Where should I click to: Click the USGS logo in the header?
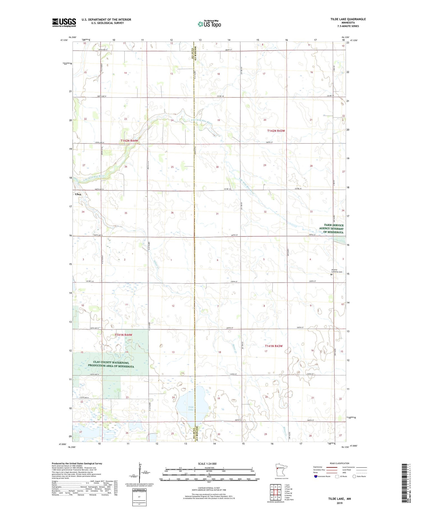click(x=64, y=22)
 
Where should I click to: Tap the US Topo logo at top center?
click(x=209, y=24)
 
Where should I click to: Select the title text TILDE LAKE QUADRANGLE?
click(x=348, y=19)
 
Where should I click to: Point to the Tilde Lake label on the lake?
click(x=191, y=408)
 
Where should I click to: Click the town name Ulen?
click(x=78, y=194)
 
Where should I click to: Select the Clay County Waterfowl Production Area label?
click(x=111, y=364)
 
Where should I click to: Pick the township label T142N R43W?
click(x=276, y=131)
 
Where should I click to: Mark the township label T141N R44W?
click(x=123, y=335)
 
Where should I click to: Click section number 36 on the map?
click(x=172, y=213)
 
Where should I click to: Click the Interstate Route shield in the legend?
click(x=316, y=476)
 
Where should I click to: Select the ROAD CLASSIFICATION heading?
click(x=340, y=463)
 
